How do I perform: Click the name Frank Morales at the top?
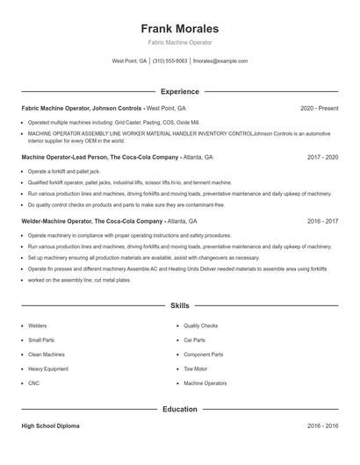[x=179, y=28]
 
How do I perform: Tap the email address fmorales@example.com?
[x=220, y=61]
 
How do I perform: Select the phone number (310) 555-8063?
[x=170, y=61]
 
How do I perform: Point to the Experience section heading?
[x=179, y=91]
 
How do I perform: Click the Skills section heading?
[x=179, y=305]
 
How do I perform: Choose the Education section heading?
[x=179, y=409]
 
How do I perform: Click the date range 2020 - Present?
[x=319, y=108]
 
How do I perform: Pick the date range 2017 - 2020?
[x=322, y=157]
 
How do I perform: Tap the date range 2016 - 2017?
[x=322, y=221]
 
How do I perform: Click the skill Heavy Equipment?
[x=47, y=368]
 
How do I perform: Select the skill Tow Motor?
[x=195, y=368]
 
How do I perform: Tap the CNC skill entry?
[x=34, y=383]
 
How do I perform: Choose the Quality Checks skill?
[x=200, y=325]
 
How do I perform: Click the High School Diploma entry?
[x=50, y=426]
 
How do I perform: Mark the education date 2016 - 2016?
[x=322, y=426]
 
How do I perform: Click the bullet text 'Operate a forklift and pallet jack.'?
[x=64, y=171]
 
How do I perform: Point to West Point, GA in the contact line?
[x=130, y=61]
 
